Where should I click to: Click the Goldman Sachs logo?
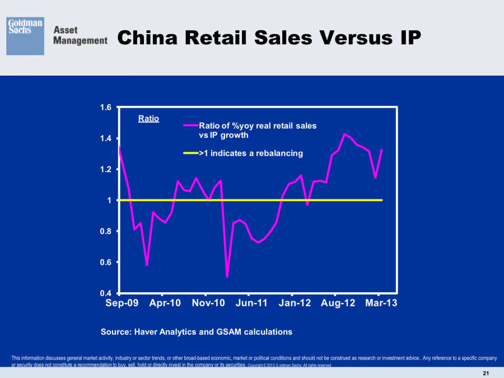tap(25, 36)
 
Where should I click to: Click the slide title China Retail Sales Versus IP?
tap(269, 38)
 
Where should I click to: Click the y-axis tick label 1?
tap(110, 200)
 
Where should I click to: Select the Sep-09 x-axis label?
tap(122, 303)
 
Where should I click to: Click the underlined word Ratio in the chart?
tap(148, 119)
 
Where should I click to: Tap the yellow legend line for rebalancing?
tap(191, 153)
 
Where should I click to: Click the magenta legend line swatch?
tap(191, 126)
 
